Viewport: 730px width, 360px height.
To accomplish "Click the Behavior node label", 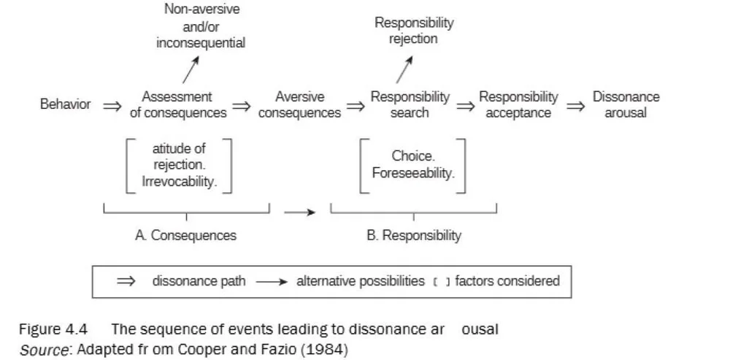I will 65,104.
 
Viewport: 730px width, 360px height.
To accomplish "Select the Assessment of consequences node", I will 177,104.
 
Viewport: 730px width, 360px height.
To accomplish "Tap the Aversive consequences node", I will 299,104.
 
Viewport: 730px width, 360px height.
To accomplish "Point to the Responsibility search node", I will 410,104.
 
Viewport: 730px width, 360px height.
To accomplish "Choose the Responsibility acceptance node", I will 518,104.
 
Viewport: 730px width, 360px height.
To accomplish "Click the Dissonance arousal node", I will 626,104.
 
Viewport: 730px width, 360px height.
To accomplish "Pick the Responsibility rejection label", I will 414,31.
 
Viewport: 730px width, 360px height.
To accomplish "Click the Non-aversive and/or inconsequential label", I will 201,26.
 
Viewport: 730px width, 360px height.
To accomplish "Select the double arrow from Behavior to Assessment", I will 112,106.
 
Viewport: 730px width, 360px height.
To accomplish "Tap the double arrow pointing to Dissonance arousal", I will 576,106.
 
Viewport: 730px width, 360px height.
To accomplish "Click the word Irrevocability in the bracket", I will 180,182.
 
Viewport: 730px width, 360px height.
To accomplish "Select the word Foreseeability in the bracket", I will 413,174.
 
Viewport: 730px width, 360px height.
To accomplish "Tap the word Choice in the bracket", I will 413,156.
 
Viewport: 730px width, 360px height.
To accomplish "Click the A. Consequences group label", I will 185,236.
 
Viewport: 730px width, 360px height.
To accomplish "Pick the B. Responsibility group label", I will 414,236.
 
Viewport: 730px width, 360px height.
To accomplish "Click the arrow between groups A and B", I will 300,213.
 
